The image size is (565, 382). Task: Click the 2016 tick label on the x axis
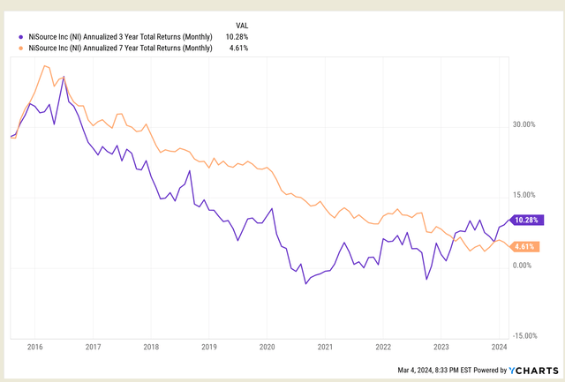pos(36,348)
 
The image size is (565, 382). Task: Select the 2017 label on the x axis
pos(94,348)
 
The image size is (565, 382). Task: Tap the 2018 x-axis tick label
pos(152,348)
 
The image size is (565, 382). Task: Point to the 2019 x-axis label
pos(209,348)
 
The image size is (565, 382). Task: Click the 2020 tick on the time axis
pos(267,348)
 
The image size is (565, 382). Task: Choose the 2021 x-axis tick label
pos(325,348)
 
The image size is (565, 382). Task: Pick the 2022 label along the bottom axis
pos(382,348)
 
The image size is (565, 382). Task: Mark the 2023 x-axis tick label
pos(441,348)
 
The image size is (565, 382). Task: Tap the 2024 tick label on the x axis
pos(498,348)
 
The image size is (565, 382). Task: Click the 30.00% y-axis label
pos(524,124)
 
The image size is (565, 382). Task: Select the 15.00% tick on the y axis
pos(524,195)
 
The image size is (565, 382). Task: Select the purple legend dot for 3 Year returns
pos(21,36)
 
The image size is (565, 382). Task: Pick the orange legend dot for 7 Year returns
pos(21,49)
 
